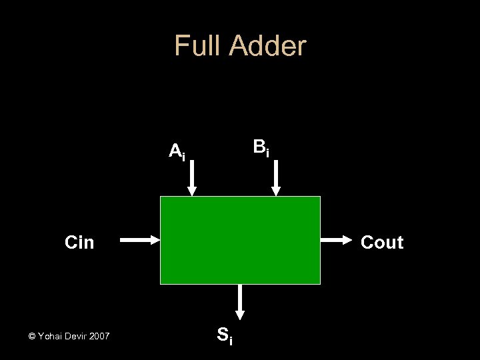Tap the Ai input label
point(177,152)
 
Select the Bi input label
point(261,148)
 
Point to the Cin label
point(79,243)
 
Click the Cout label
point(382,243)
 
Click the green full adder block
point(240,240)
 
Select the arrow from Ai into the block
point(192,179)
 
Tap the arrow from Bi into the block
point(276,179)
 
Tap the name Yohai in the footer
point(50,336)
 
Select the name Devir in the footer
point(77,336)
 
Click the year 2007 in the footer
point(100,336)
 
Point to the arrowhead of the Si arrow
point(240,313)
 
